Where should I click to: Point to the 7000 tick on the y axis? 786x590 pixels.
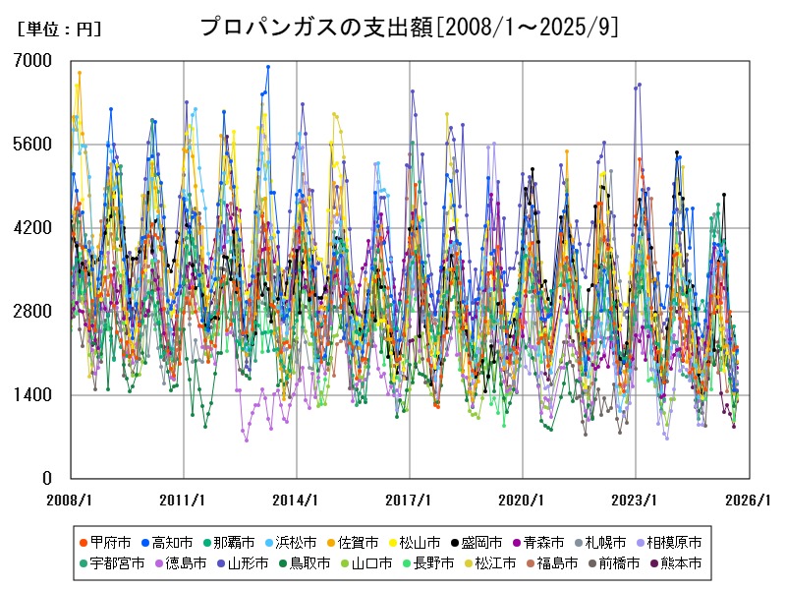[33, 61]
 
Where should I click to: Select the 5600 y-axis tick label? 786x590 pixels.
[33, 145]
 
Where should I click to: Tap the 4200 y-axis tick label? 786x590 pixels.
[33, 228]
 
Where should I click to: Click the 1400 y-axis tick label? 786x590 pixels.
[33, 395]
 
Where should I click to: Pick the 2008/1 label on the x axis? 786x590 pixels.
[71, 500]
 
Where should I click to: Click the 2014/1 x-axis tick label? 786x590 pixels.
[297, 500]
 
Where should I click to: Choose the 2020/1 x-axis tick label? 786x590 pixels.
[523, 500]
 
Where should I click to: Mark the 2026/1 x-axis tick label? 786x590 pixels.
[749, 500]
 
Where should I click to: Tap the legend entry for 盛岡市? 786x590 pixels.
[484, 542]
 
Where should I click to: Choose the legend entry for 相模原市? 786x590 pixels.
[674, 542]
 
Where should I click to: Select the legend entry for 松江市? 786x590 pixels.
[491, 563]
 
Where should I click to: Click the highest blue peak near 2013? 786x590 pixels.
[267, 67]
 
